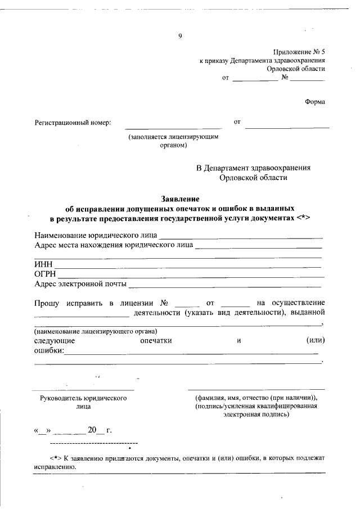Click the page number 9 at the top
(180, 37)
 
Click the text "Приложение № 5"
(299, 51)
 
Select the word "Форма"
(314, 102)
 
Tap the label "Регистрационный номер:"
(73, 122)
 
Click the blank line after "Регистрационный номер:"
(173, 127)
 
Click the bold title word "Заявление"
(180, 199)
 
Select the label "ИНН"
(43, 264)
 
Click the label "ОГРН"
(45, 274)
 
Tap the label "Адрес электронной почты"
(80, 283)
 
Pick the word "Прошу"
(47, 303)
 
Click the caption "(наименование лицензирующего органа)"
(95, 331)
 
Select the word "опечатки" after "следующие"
(156, 340)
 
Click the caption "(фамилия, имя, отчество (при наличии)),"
(256, 398)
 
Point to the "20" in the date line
(92, 431)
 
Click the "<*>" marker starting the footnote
(55, 458)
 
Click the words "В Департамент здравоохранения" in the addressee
(253, 168)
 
